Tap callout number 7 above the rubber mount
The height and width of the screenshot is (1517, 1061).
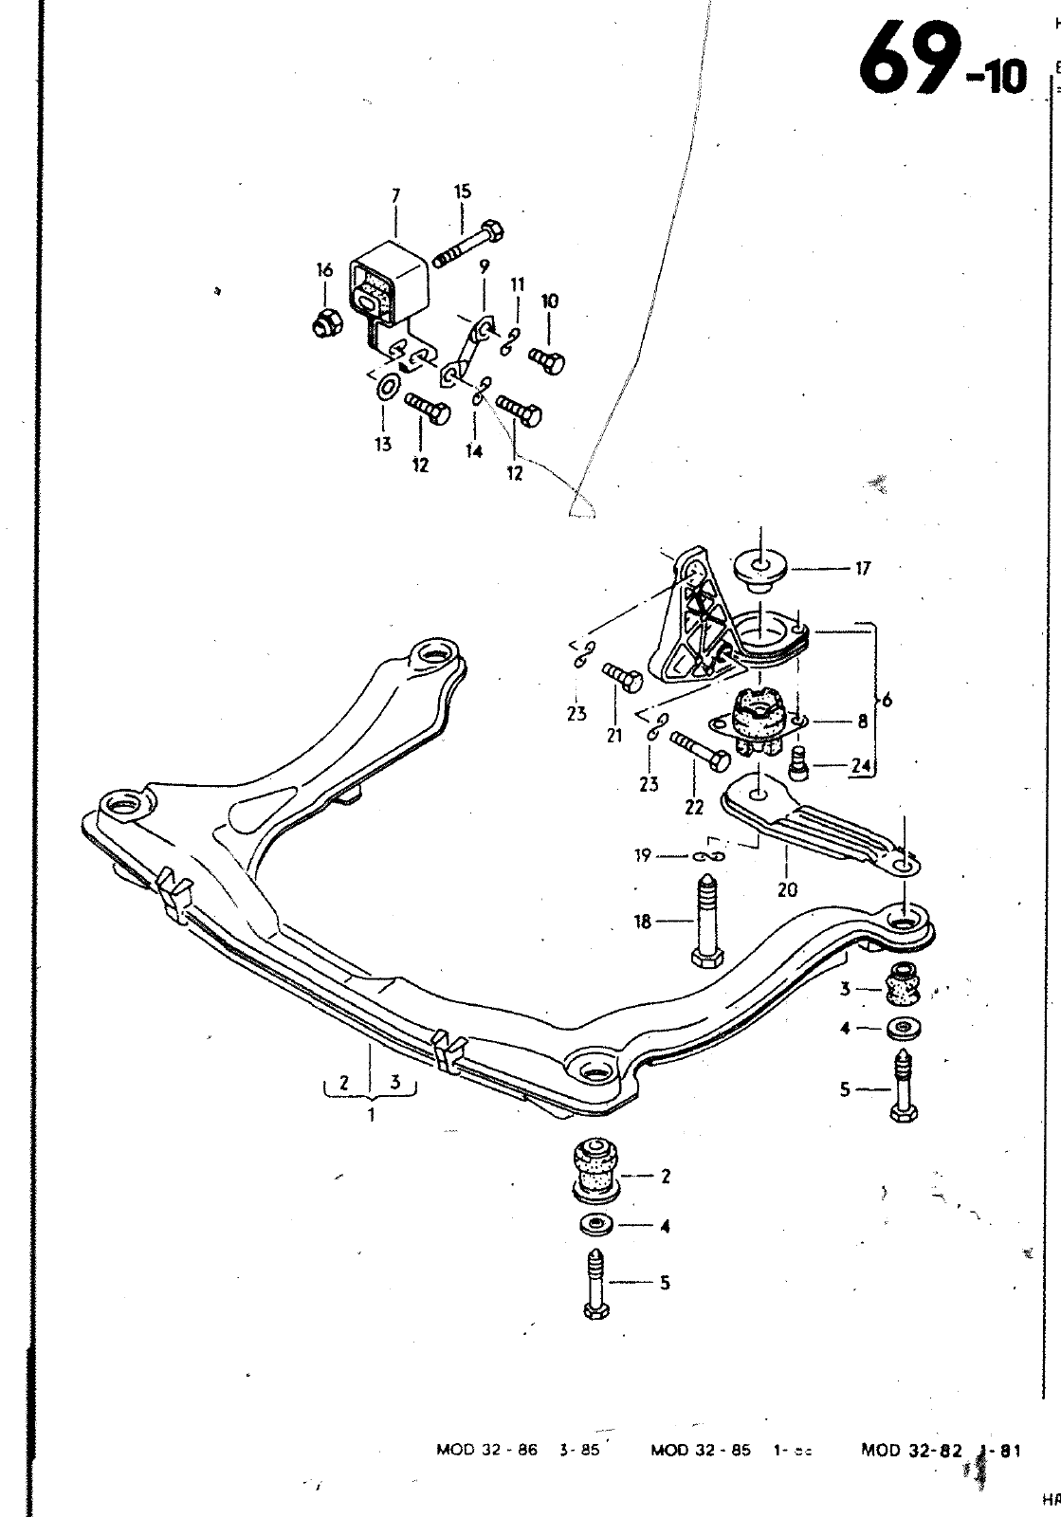(x=396, y=196)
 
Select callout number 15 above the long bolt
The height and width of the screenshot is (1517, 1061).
(x=462, y=192)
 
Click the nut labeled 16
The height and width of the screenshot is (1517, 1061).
(x=324, y=323)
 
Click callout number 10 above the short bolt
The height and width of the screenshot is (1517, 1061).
(x=549, y=302)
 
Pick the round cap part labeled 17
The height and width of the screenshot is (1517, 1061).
(x=760, y=566)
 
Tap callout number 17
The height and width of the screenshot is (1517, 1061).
(x=862, y=569)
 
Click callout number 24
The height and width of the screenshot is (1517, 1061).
(x=861, y=768)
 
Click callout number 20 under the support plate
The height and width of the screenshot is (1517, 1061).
(x=786, y=889)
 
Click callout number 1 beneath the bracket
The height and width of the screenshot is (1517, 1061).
(x=371, y=1115)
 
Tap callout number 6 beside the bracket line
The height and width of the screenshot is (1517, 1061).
(x=887, y=701)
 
